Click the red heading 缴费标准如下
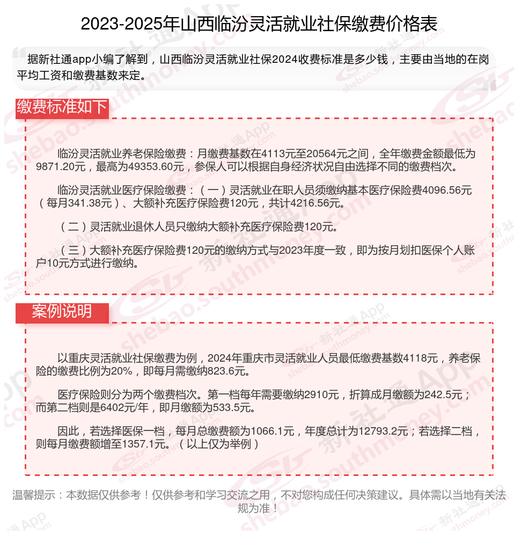(x=62, y=107)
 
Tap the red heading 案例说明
(x=62, y=311)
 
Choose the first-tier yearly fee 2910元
(x=321, y=395)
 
